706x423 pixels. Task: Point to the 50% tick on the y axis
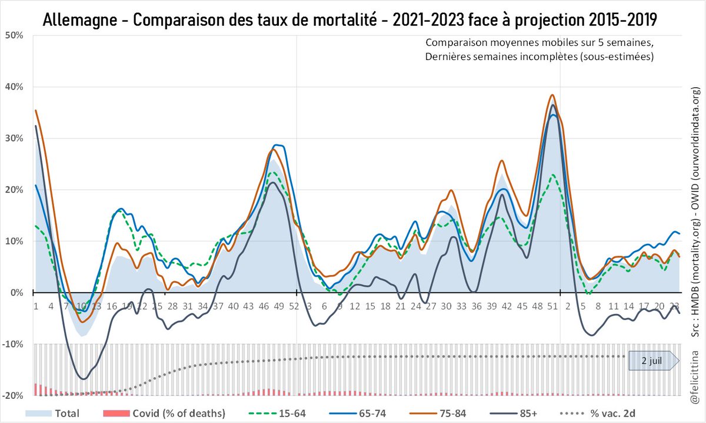(x=14, y=35)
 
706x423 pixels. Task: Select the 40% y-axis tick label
(x=14, y=87)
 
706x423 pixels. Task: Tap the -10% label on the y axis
(x=13, y=345)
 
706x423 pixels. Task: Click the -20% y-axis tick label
(x=13, y=396)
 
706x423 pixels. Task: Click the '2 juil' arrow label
(x=650, y=361)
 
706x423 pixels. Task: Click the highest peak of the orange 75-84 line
(x=552, y=95)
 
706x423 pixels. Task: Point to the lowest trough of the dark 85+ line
(x=83, y=379)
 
